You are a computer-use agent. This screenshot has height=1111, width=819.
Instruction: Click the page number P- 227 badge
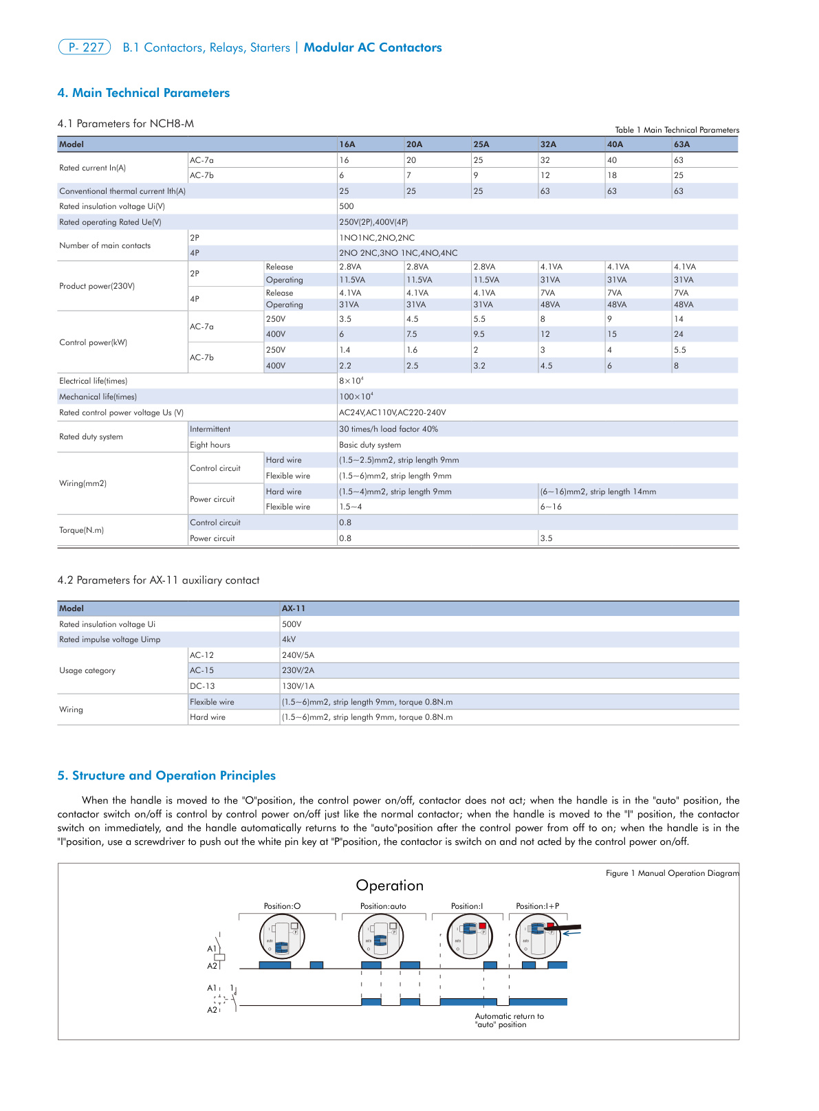(x=85, y=47)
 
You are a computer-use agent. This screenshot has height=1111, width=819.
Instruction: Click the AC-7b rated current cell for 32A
(x=545, y=175)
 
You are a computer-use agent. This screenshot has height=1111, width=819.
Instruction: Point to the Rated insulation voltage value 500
(x=347, y=206)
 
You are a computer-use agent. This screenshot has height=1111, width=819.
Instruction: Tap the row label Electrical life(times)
(x=93, y=381)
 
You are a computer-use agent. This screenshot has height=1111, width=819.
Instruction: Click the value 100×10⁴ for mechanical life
(x=356, y=397)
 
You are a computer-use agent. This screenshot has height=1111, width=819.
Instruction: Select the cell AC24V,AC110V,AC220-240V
(x=392, y=412)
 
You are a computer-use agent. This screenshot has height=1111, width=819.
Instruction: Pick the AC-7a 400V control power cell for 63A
(x=679, y=334)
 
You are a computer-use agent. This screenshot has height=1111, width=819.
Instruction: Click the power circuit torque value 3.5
(x=546, y=538)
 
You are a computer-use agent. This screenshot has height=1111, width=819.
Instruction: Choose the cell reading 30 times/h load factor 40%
(x=388, y=429)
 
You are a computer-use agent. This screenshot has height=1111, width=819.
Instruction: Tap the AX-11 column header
(x=294, y=608)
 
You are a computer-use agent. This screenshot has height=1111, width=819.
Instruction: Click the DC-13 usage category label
(x=202, y=686)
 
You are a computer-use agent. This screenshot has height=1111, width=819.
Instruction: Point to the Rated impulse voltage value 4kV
(x=289, y=639)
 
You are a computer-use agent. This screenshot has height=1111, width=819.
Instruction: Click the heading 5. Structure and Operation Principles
(x=166, y=775)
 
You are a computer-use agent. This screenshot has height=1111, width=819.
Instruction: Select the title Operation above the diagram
(x=389, y=885)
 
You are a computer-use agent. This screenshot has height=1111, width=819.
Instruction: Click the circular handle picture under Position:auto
(x=381, y=937)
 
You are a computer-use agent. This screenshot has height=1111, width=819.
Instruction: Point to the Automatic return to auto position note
(x=509, y=1020)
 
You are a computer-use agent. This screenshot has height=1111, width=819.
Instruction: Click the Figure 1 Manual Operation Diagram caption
(x=672, y=873)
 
